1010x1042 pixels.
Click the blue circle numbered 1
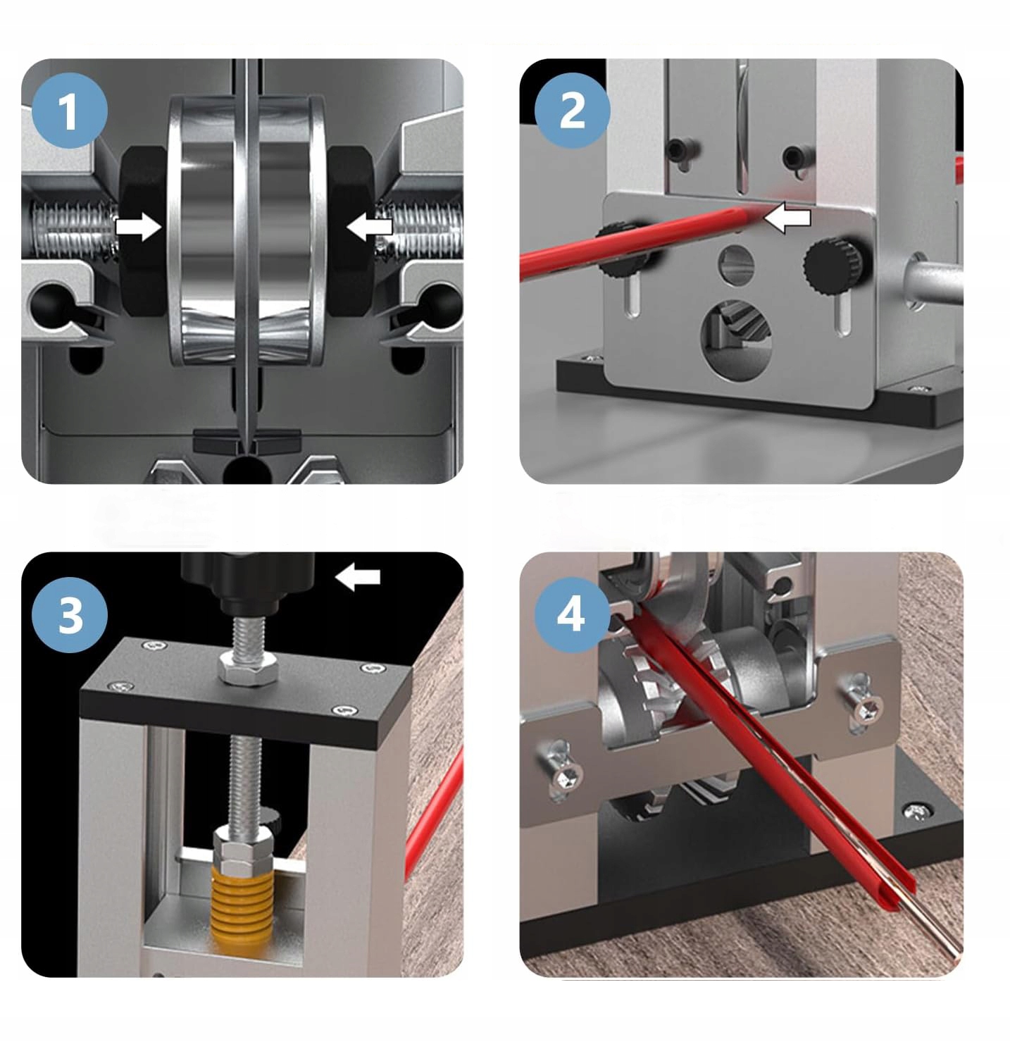click(70, 111)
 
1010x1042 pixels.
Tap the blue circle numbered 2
click(572, 111)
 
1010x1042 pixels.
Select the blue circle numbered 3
click(70, 615)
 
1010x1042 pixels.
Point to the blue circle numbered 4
click(572, 615)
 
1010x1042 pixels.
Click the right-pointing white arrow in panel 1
click(138, 227)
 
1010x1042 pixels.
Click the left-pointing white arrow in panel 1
click(369, 227)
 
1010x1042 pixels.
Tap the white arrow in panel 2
click(787, 218)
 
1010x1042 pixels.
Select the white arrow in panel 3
click(357, 577)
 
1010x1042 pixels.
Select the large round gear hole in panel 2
click(737, 340)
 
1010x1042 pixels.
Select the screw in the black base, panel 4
click(918, 810)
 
